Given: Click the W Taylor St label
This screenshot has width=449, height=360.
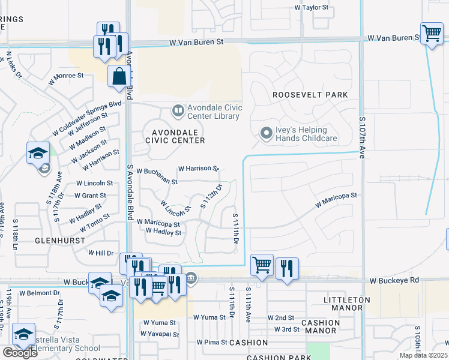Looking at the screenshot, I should click(312, 8).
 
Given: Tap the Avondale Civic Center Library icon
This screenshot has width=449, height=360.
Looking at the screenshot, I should click(178, 110).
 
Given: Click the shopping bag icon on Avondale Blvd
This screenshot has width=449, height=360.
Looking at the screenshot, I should click(119, 77).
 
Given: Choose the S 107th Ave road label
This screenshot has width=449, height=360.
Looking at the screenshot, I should click(362, 139).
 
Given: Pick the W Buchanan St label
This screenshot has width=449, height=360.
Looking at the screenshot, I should click(157, 176).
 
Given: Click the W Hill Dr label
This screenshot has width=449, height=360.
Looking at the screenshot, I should click(101, 253).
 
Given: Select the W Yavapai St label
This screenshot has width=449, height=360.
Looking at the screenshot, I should click(159, 332).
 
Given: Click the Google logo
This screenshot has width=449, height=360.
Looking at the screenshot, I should click(20, 353).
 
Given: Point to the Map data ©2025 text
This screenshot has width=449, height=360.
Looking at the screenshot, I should click(424, 355).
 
